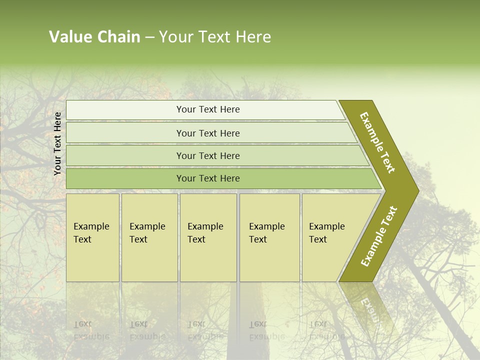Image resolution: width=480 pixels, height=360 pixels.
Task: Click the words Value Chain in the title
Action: (94, 37)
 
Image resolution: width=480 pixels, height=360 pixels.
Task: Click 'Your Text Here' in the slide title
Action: (215, 37)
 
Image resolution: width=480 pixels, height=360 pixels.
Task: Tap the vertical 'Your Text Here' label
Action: (57, 143)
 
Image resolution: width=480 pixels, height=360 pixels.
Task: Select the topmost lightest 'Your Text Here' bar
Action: (208, 109)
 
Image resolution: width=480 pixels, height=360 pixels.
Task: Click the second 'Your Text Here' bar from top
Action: (208, 133)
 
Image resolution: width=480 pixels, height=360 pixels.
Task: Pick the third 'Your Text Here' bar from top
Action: (208, 155)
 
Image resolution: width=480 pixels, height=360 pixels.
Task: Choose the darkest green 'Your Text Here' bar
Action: (208, 178)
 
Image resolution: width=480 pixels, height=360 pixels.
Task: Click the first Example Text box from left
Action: (92, 237)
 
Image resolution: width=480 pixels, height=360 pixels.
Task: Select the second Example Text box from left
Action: (149, 237)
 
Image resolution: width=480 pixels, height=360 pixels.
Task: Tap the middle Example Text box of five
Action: (208, 237)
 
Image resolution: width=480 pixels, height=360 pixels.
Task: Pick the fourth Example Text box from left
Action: (269, 237)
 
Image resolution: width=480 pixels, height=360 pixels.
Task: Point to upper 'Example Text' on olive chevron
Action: (377, 142)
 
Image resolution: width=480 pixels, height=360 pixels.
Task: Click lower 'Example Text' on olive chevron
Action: (379, 236)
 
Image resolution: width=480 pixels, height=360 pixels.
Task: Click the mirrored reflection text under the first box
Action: (91, 330)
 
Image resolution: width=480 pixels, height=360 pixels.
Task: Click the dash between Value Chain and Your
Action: (149, 37)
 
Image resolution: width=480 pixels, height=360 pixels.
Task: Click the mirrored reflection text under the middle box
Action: (205, 330)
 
